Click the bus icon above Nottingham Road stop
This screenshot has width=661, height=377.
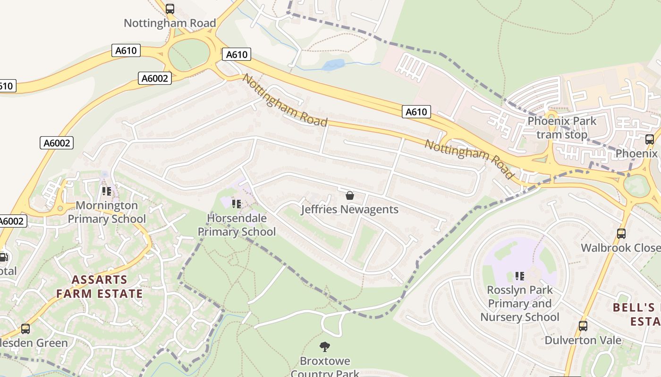pyautogui.click(x=170, y=8)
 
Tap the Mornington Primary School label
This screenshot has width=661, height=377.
pyautogui.click(x=107, y=212)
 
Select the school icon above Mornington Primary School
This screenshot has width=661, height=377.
pyautogui.click(x=107, y=191)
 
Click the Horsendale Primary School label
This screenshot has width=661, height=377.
pyautogui.click(x=237, y=225)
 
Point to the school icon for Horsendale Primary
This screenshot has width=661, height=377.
pyautogui.click(x=237, y=204)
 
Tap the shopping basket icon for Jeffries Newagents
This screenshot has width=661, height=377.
pyautogui.click(x=350, y=195)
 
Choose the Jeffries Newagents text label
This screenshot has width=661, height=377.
pyautogui.click(x=350, y=209)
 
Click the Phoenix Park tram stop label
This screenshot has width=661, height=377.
pyautogui.click(x=562, y=128)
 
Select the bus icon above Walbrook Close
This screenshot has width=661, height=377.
pyautogui.click(x=621, y=233)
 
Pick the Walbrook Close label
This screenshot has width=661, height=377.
pyautogui.click(x=620, y=248)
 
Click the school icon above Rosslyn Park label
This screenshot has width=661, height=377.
pyautogui.click(x=520, y=276)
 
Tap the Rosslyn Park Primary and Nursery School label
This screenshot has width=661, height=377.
pyautogui.click(x=520, y=303)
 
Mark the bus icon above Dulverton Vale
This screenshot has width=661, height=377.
pyautogui.click(x=583, y=326)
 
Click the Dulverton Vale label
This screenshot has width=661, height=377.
pyautogui.click(x=583, y=340)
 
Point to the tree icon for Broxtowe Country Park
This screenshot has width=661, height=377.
pyautogui.click(x=325, y=347)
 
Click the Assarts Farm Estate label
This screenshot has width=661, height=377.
pyautogui.click(x=100, y=287)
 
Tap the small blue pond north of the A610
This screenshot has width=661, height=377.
pyautogui.click(x=333, y=65)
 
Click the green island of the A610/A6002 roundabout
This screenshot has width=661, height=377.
pyautogui.click(x=189, y=55)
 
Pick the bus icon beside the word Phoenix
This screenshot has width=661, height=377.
pyautogui.click(x=650, y=139)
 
